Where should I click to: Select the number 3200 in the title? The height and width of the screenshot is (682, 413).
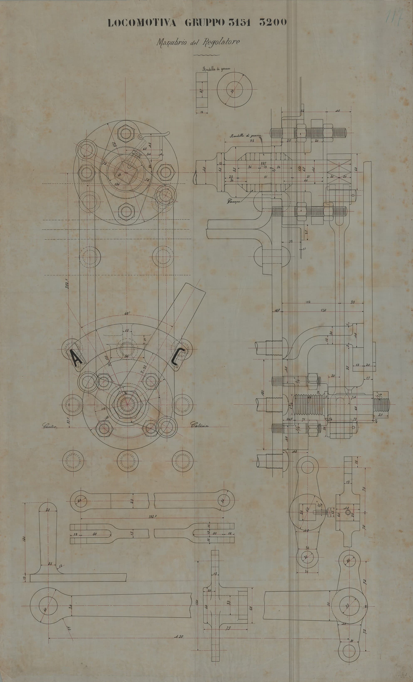pyautogui.click(x=273, y=23)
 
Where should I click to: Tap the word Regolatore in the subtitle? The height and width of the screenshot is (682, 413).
pyautogui.click(x=221, y=42)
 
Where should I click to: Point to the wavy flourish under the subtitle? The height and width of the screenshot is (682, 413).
pyautogui.click(x=206, y=55)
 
